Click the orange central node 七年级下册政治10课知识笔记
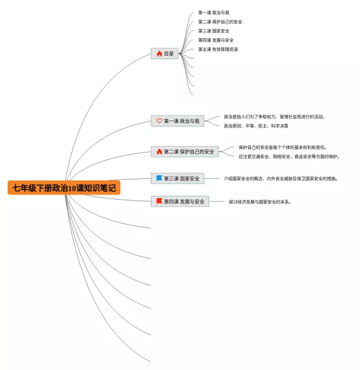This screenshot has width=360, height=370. click(64, 188)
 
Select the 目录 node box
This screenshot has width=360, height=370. click(165, 53)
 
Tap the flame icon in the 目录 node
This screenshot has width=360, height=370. click(159, 53)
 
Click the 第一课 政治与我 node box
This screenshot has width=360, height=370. click(177, 121)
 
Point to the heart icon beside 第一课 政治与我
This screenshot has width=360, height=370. click(159, 121)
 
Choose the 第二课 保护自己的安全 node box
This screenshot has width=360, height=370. click(185, 151)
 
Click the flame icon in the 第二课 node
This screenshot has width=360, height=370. click(159, 151)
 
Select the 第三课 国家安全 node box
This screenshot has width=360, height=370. click(177, 178)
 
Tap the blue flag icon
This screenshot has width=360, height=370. click(159, 178)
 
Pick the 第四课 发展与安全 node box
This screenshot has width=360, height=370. click(180, 201)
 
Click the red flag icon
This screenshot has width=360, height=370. click(159, 201)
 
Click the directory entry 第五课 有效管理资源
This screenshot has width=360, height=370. click(218, 49)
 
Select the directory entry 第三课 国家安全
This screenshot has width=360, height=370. click(214, 31)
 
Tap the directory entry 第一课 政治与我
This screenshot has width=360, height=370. click(214, 12)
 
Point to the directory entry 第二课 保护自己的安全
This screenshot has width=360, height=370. click(220, 22)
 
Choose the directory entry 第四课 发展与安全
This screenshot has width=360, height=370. click(216, 40)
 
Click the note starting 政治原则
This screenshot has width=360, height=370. click(256, 126)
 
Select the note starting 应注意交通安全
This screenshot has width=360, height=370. click(289, 156)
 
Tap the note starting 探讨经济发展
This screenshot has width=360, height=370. click(260, 202)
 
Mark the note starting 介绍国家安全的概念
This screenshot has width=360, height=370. click(281, 179)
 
